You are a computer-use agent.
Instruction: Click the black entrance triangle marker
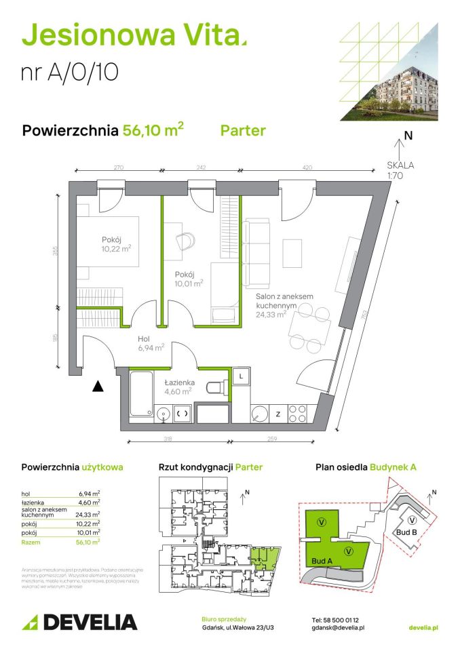(x=98, y=387)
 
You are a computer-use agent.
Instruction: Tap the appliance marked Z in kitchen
(x=279, y=413)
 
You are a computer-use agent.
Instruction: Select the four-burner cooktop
(x=299, y=412)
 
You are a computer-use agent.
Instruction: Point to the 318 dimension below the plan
(x=176, y=440)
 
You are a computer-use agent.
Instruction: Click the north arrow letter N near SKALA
(x=408, y=135)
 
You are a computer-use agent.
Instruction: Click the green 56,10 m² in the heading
(x=153, y=130)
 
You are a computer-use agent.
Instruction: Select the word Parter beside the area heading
(x=243, y=131)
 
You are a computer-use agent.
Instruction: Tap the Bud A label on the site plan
(x=322, y=561)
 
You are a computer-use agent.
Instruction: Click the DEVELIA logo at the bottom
(x=80, y=621)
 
